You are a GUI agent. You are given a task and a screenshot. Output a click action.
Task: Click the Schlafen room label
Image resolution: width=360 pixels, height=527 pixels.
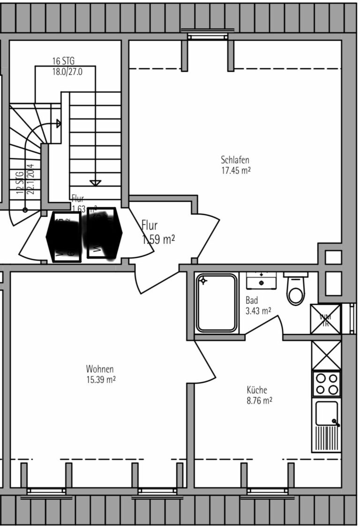pos(235,160)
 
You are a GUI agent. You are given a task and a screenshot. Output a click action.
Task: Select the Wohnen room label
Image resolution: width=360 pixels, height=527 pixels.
pos(100,369)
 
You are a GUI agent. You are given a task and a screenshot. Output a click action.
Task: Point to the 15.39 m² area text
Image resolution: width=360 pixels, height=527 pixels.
pos(100,379)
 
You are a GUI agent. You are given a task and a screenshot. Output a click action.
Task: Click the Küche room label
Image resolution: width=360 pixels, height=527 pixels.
pos(257,390)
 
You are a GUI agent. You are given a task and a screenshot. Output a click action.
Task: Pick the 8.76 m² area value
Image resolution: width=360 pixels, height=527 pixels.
pos(259,401)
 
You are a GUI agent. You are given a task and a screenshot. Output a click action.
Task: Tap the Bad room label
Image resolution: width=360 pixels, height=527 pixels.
pos(252,301)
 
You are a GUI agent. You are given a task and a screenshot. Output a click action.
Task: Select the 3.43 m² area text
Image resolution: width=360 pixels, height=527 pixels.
pos(258,311)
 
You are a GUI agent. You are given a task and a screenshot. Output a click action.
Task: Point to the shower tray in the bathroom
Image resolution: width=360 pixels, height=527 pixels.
pos(217,303)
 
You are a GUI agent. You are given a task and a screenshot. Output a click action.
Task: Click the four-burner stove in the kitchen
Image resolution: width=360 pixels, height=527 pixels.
pos(326,384)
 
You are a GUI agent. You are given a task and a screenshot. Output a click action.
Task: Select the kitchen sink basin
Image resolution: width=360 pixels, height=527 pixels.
pos(326,413)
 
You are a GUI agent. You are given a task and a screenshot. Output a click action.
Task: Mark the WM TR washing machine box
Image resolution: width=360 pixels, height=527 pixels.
pos(325,319)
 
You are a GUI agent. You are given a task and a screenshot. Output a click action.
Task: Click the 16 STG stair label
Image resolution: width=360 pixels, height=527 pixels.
pos(63,61)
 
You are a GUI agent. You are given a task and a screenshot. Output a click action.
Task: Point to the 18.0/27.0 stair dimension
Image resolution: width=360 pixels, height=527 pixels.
pos(67,72)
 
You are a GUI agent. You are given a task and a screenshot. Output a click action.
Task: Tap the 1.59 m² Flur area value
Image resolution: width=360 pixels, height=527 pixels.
pos(158,240)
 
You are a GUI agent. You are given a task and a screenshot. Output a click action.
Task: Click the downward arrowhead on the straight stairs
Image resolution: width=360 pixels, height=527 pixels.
pos(95,182)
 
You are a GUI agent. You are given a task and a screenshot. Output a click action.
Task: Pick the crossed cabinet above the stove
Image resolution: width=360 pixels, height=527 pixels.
pos(326,355)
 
